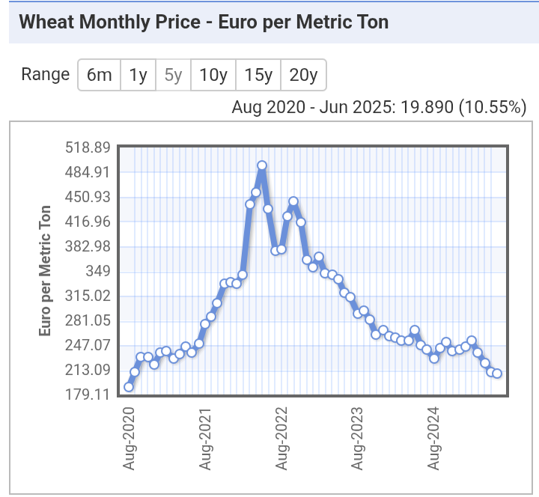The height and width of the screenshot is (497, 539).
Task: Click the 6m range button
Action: (99, 75)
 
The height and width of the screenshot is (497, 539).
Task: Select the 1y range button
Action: (138, 75)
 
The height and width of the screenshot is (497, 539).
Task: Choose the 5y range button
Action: (173, 75)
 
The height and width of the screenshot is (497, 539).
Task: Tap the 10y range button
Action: (213, 75)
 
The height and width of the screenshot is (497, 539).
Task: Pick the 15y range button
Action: (258, 75)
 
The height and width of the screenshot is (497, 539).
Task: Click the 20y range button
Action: (303, 75)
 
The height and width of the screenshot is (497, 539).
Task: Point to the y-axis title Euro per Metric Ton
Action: (45, 269)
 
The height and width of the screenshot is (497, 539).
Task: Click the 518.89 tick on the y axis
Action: (88, 147)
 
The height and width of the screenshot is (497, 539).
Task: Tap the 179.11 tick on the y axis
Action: (88, 394)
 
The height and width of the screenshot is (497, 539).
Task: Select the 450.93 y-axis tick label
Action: (88, 197)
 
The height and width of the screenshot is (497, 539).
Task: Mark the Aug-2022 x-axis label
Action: (281, 438)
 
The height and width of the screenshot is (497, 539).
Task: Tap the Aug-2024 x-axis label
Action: (433, 438)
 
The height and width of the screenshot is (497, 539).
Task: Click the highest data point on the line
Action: (262, 165)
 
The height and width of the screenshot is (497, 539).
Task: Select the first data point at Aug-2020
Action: (129, 387)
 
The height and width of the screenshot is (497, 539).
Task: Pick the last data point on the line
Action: (497, 373)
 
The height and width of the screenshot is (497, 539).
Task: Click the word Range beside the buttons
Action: (45, 75)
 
